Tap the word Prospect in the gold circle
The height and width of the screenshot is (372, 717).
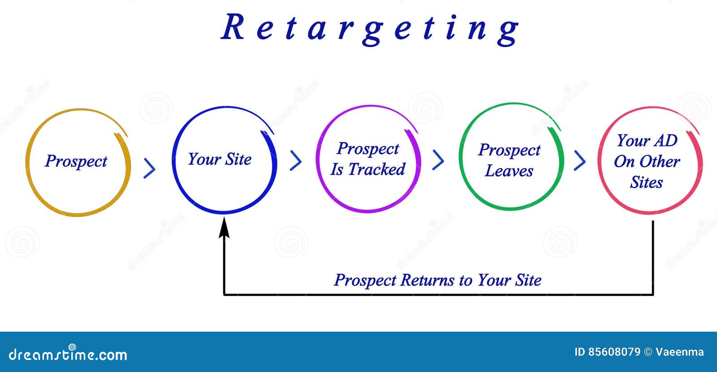76,161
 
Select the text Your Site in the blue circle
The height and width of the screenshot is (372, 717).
220,159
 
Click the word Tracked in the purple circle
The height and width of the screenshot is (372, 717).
376,169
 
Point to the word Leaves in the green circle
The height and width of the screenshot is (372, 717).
509,171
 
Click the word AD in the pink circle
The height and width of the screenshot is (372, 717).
665,141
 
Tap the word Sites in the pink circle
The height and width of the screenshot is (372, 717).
646,182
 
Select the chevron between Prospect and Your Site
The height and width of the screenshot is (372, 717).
150,169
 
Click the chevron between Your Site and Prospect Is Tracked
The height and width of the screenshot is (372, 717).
296,160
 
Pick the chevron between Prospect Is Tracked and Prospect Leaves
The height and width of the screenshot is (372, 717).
438,160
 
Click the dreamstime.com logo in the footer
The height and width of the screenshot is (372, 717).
68,354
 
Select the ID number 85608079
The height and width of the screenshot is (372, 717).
614,352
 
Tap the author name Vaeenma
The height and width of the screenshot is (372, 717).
679,352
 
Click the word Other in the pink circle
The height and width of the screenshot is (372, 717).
662,161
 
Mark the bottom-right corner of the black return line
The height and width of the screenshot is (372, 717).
652,294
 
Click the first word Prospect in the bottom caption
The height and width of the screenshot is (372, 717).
365,280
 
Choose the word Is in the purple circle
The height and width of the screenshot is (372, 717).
337,169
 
